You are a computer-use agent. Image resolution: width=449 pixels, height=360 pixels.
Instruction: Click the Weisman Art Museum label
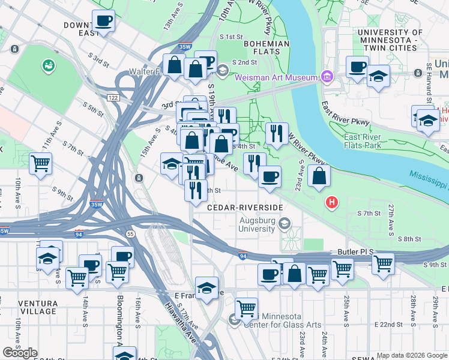pos(276,77)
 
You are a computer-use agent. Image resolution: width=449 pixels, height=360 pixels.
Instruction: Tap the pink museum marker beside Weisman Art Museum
pos(327,77)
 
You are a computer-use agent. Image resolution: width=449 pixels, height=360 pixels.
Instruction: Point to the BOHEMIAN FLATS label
pos(261,47)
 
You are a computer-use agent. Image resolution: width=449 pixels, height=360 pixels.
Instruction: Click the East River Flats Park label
pos(372,141)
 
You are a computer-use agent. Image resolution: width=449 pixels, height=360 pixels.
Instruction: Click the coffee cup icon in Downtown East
pos(103,22)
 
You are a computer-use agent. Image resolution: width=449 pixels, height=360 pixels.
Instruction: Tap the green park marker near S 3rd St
pos(47,64)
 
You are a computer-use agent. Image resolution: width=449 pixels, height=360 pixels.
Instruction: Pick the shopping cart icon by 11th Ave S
pos(41,163)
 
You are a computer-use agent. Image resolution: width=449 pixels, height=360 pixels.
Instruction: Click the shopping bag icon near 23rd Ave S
pos(319,176)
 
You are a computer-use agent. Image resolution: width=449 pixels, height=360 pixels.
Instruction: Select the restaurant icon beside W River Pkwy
pos(276,133)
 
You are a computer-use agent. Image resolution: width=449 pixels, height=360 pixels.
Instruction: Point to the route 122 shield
pos(112,97)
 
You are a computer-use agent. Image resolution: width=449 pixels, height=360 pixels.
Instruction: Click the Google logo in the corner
pos(19,352)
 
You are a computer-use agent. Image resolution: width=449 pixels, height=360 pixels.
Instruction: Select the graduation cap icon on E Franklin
pos(206,288)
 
